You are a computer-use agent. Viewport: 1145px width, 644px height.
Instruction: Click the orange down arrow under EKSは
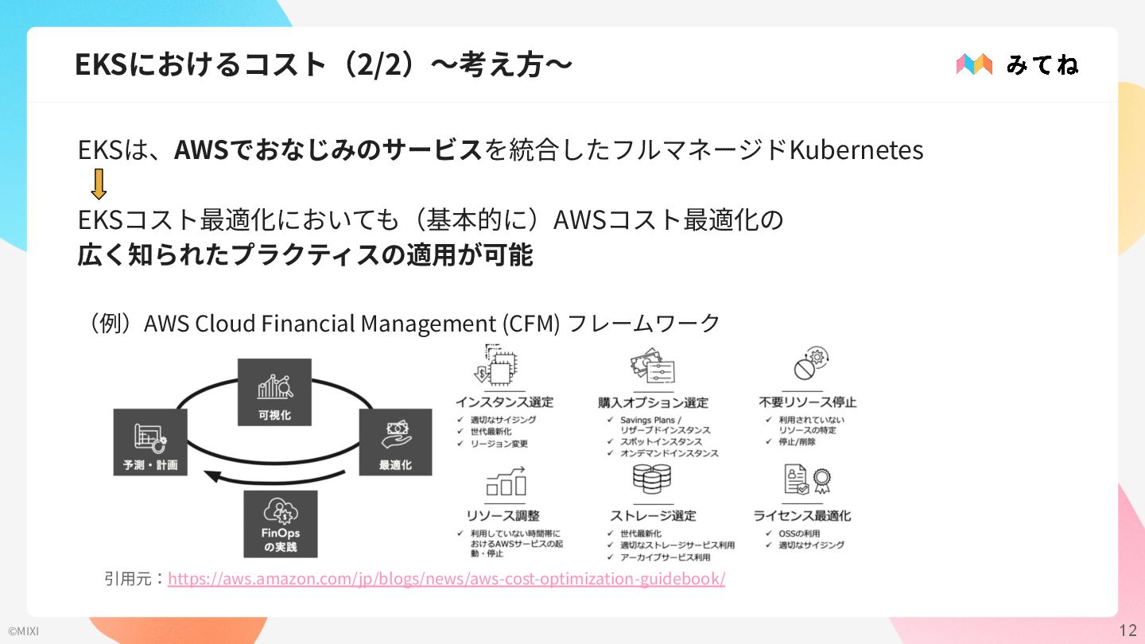pos(99,184)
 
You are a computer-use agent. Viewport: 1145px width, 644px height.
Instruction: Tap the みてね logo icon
pos(974,64)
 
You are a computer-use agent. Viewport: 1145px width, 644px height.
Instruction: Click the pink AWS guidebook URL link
pos(446,578)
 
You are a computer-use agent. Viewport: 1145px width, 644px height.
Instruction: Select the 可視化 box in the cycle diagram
pos(274,392)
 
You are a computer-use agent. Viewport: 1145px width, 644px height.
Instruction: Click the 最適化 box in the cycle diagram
pos(395,441)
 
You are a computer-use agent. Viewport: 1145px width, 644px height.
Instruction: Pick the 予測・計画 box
pos(150,441)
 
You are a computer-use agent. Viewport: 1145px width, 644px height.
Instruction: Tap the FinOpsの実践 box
pos(280,523)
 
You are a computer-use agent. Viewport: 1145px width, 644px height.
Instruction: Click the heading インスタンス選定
pos(504,402)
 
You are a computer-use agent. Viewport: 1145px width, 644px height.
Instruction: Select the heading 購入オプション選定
pos(653,402)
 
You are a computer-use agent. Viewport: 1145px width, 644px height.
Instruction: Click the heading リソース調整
pos(503,515)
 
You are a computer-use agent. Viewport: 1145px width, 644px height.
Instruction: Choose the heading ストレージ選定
pos(653,515)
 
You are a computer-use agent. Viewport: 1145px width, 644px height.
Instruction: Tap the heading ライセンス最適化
pos(802,515)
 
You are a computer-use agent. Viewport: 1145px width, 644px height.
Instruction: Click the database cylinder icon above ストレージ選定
pos(652,480)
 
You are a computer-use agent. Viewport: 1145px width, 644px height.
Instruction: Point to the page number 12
pos(1128,630)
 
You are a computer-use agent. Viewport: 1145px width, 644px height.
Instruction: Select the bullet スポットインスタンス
pos(661,441)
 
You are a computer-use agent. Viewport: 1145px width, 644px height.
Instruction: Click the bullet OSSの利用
pos(799,533)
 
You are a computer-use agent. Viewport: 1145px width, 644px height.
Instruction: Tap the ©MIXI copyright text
pos(23,631)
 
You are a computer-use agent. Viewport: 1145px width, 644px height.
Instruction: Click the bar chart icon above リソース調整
pos(506,481)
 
